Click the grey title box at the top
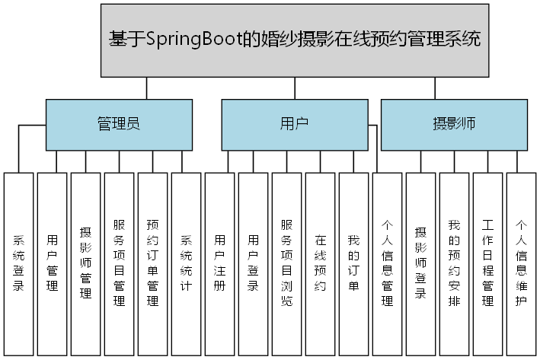(x=295, y=40)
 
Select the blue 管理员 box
(x=118, y=124)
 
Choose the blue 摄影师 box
(x=454, y=124)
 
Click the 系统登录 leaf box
(x=19, y=264)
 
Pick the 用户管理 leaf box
(x=53, y=264)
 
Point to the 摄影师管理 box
(x=86, y=264)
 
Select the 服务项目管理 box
(x=120, y=264)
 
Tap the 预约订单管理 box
(x=153, y=264)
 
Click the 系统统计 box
(x=187, y=264)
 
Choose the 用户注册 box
(x=220, y=264)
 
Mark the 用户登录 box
(x=254, y=264)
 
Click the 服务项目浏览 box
(x=287, y=264)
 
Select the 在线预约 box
(x=321, y=264)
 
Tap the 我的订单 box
(x=354, y=264)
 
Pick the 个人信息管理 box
(x=388, y=264)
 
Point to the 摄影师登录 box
(x=421, y=264)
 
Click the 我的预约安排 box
(x=455, y=264)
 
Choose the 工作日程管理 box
(x=488, y=264)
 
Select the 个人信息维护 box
(x=522, y=264)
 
